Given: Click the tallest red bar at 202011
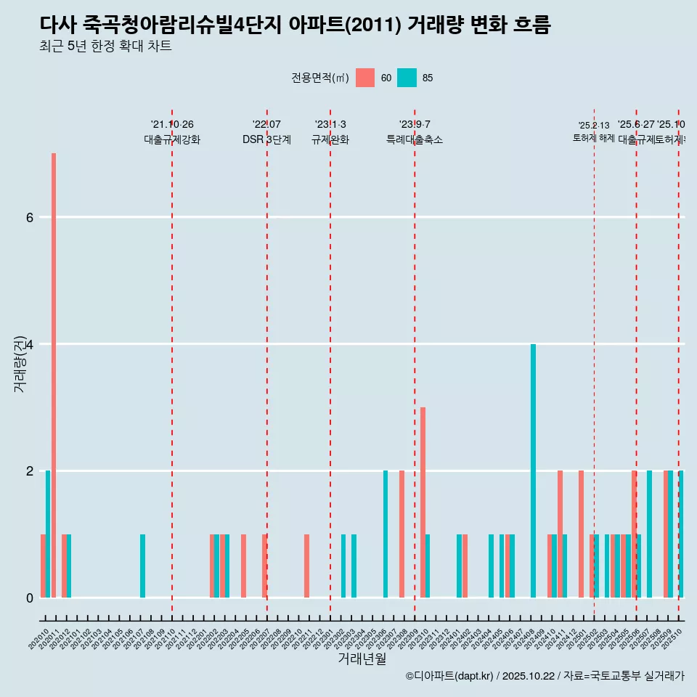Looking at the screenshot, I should click(54, 375).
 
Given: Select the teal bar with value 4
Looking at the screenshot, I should click(533, 470).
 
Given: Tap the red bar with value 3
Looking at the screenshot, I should click(423, 502).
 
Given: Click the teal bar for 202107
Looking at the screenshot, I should click(142, 566).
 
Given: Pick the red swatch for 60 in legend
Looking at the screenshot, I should click(365, 78).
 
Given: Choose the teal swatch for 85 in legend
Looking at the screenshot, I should click(407, 78).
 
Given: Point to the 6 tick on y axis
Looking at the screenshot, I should click(29, 217).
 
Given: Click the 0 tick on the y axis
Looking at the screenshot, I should click(29, 598).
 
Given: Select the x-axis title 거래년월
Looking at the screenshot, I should click(362, 659).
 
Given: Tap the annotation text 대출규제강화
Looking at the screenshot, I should click(172, 139).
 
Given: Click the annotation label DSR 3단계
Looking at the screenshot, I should click(266, 139).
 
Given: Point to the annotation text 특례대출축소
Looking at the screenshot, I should click(415, 139).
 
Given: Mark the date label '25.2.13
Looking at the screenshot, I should click(594, 126).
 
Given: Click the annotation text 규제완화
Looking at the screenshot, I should click(330, 139).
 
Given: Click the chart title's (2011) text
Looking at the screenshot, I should click(374, 25).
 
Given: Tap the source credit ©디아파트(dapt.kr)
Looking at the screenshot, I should click(449, 676).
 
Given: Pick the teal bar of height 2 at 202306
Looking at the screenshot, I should click(386, 534).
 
